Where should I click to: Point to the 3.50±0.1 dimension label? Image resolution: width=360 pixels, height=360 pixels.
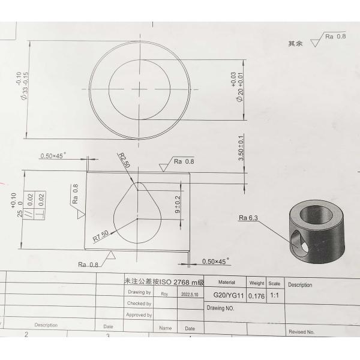(x=241, y=146)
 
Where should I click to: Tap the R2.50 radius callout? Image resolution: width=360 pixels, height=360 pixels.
(x=124, y=161)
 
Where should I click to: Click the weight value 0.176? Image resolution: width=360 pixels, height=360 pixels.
(x=256, y=295)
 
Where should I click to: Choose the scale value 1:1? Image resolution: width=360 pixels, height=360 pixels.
(x=274, y=295)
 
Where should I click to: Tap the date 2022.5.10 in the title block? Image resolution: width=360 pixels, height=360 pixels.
(x=190, y=295)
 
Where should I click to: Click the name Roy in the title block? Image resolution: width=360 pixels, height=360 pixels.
(x=164, y=295)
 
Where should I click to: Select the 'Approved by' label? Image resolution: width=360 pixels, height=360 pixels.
(x=139, y=315)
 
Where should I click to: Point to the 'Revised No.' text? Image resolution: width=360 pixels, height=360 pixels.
(x=301, y=331)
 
